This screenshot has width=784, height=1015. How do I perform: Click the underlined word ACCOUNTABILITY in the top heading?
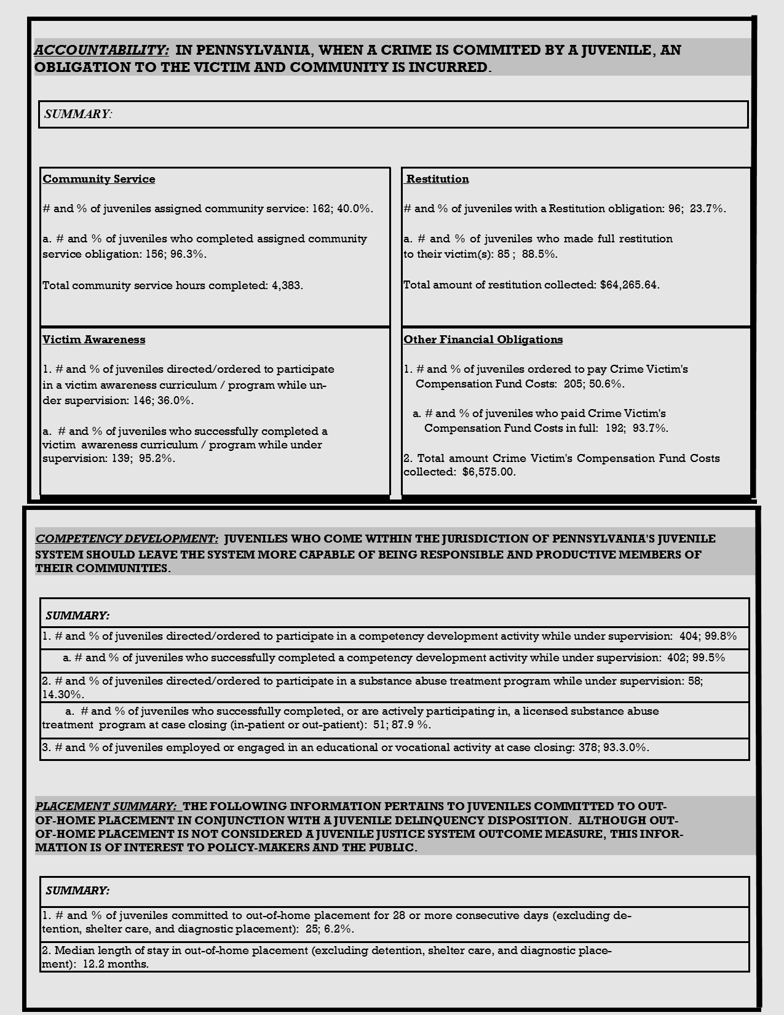pyautogui.click(x=101, y=50)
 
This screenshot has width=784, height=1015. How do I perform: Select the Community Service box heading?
pyautogui.click(x=99, y=179)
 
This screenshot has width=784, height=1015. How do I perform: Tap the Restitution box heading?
pyautogui.click(x=437, y=179)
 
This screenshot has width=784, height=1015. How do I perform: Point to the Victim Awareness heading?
pyautogui.click(x=94, y=340)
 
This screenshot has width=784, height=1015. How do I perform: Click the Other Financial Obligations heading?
pyautogui.click(x=483, y=340)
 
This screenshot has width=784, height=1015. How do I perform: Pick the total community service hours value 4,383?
pyautogui.click(x=287, y=285)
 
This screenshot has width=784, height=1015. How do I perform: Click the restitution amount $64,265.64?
pyautogui.click(x=630, y=285)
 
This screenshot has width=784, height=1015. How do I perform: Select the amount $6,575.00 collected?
pyautogui.click(x=489, y=472)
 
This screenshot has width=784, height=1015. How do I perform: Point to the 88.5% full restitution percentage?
pyautogui.click(x=539, y=254)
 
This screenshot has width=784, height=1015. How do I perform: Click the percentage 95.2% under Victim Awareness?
pyautogui.click(x=157, y=458)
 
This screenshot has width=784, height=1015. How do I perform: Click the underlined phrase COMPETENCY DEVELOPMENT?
pyautogui.click(x=127, y=539)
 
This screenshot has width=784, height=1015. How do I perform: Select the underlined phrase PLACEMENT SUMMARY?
pyautogui.click(x=106, y=806)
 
